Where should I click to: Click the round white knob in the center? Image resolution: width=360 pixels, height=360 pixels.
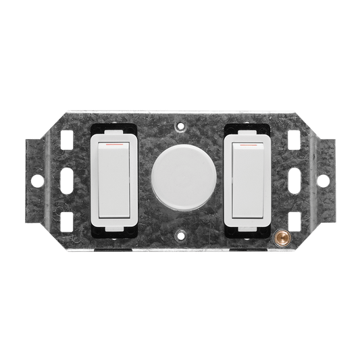[x=179, y=180]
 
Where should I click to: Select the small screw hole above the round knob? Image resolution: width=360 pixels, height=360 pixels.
[x=179, y=126]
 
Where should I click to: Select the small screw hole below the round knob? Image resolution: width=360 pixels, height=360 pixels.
[x=179, y=236]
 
